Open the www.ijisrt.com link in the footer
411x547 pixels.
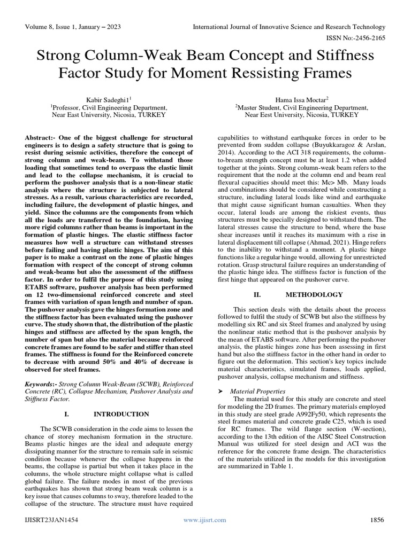point(205,520)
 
